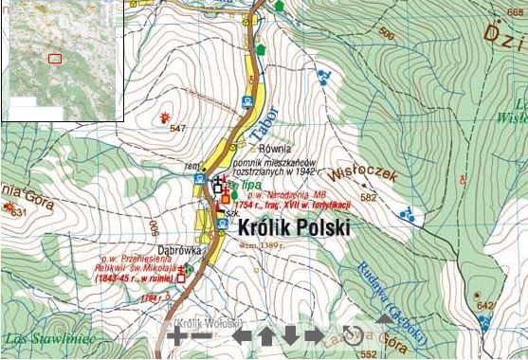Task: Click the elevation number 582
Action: coord(369,198)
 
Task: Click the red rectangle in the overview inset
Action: coord(55,59)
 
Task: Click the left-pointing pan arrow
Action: coord(244,335)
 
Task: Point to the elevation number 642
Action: coord(486,306)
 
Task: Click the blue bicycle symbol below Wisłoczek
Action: coord(407,214)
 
